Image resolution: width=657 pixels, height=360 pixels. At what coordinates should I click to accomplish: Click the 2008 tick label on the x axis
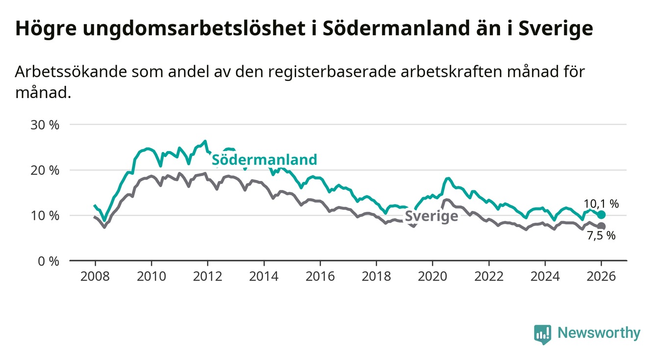95,276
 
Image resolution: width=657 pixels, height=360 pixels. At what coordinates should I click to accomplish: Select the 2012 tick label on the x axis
207,276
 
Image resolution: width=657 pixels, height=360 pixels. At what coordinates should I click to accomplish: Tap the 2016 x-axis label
320,276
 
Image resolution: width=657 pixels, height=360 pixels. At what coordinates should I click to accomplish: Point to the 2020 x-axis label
432,276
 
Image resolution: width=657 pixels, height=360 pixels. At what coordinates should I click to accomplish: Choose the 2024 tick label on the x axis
545,276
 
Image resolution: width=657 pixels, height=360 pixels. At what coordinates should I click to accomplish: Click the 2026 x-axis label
602,276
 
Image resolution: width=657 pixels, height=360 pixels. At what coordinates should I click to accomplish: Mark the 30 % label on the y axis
45,125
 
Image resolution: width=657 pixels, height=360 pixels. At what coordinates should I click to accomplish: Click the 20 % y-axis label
45,170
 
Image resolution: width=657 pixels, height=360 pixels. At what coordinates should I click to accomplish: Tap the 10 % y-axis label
45,215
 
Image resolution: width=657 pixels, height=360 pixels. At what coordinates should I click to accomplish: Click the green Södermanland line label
264,159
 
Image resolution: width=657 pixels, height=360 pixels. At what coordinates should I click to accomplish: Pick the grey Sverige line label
431,216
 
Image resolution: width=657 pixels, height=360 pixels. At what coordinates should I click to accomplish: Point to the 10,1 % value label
601,204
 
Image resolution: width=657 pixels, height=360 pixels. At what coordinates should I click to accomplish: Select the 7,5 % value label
601,236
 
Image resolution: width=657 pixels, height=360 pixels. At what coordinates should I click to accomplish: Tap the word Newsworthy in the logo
599,333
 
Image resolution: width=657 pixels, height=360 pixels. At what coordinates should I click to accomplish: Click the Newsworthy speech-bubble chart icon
542,334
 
